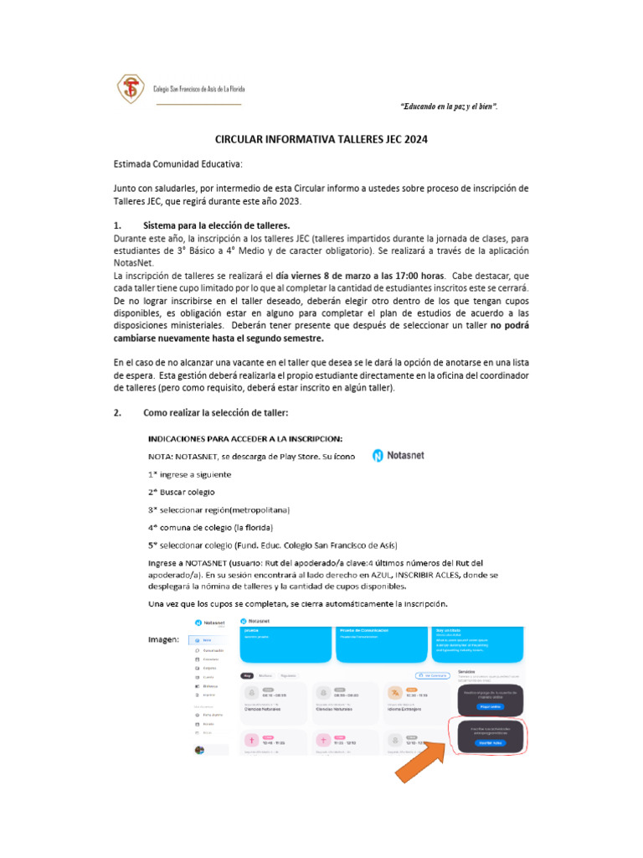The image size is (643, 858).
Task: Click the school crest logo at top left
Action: coord(130,89)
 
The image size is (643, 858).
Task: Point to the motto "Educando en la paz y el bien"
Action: coord(450,106)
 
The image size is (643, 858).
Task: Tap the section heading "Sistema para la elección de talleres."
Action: coord(217,226)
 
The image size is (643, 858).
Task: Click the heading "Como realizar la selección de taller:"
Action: coord(217,413)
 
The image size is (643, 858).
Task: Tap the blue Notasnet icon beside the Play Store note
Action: coord(378,456)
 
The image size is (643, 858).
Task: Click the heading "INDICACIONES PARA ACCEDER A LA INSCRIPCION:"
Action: coord(244,439)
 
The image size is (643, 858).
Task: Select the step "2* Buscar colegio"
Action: coord(181,492)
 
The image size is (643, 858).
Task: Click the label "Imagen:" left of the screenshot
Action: coord(163,640)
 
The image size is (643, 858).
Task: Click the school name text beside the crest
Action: coord(198,89)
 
